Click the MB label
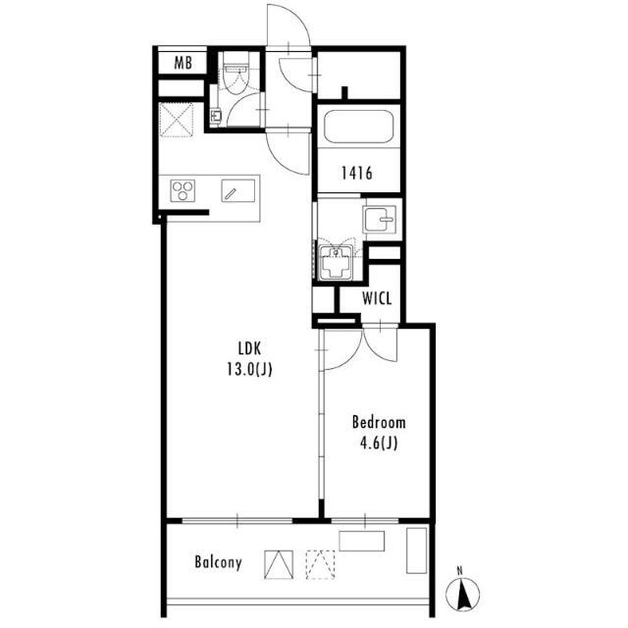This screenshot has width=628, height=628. point(183,63)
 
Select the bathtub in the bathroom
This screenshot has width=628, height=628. point(358,127)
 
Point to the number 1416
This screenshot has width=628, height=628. point(357,173)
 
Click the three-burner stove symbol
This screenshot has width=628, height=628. point(183,190)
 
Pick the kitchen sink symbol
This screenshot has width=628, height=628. point(238,190)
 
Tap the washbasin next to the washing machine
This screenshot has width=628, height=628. point(380,219)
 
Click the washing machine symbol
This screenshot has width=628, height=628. point(336,263)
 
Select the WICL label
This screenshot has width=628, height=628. point(377,298)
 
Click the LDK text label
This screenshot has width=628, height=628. point(249,349)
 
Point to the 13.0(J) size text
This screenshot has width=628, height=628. point(249,369)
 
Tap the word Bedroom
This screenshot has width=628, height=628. point(379,423)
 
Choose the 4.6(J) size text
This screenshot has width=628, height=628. point(379,444)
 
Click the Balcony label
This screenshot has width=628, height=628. point(218,562)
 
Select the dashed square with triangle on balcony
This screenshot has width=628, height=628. point(321,565)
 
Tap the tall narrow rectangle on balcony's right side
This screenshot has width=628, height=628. point(416,550)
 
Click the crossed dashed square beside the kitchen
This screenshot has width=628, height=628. point(177,120)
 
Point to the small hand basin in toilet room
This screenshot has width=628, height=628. point(216,116)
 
